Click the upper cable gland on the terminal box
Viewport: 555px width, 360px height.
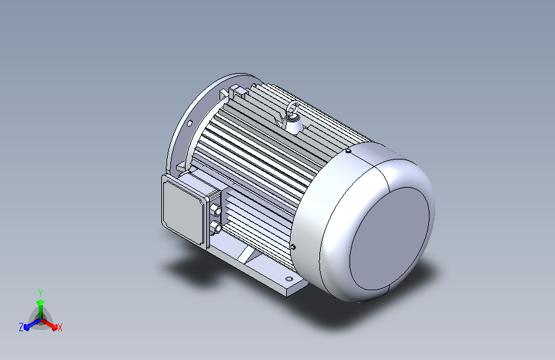[x=216, y=211]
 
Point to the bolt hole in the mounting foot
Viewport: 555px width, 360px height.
[x=289, y=279]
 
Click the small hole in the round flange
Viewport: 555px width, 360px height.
[x=189, y=123]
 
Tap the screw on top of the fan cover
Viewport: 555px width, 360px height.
[x=348, y=151]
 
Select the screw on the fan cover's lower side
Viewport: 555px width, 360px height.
[x=293, y=247]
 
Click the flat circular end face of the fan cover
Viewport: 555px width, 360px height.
[x=389, y=239]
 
